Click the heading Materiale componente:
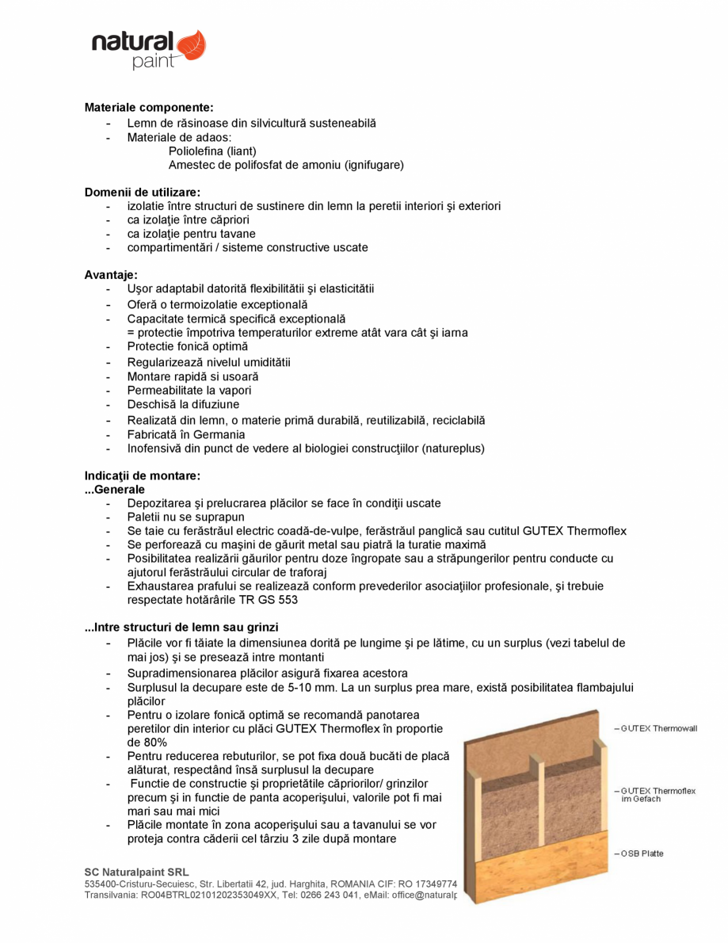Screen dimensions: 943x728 pos(149,107)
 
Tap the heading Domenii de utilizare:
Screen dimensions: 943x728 pos(143,192)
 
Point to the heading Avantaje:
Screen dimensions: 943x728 pos(111,275)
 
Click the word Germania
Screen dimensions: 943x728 pos(220,434)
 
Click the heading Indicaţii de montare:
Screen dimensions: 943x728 pos(143,476)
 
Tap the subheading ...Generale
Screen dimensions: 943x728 pos(115,490)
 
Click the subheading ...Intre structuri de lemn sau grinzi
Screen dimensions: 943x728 pos(181,628)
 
